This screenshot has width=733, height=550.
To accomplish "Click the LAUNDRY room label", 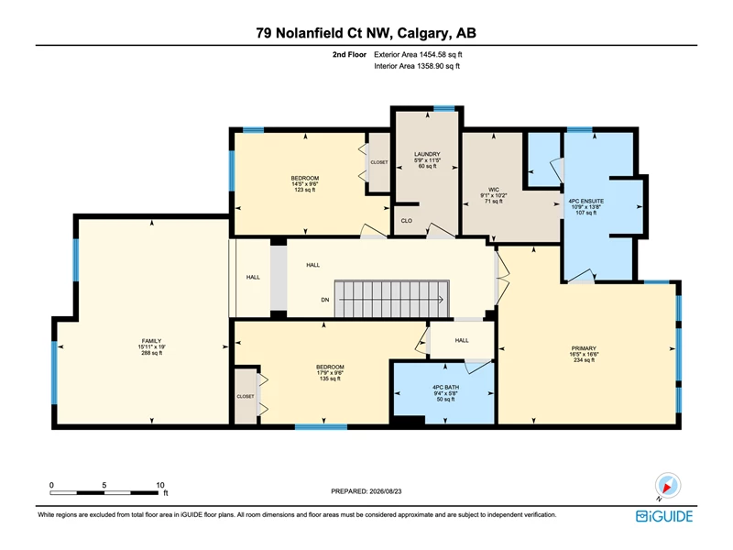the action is coord(427,154).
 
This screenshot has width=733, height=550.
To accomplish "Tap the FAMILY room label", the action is coord(151,341).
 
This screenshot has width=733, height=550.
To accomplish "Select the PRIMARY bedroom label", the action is coord(584,348).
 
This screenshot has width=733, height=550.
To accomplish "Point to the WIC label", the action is coord(494,190).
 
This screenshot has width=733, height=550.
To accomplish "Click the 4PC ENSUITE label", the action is coord(585,201).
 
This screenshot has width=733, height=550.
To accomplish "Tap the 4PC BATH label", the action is coord(445,387).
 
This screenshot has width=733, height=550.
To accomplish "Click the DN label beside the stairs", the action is coord(325,300).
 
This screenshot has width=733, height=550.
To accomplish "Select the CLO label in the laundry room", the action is coord(406,221).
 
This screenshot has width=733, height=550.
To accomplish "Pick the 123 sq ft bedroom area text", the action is coord(305,190).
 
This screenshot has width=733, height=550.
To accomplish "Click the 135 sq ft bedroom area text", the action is coord(330,379).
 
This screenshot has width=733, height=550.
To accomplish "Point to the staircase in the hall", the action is coord(392,299).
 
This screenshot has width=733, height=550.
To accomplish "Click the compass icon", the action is coord(668,486).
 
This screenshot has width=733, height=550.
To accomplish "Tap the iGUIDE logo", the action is coord(664,516).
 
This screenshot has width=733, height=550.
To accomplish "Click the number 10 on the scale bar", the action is coord(159,485).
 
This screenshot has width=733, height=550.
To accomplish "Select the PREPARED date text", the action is coord(366,491).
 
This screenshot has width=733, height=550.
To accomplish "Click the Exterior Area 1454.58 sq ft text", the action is coord(418,55).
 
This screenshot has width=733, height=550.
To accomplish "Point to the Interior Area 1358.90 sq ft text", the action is coord(417,66).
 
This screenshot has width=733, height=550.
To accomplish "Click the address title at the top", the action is coord(366,33).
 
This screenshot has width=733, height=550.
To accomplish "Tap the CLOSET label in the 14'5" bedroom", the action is coord(379,162).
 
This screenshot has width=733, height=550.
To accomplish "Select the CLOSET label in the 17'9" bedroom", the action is coord(246,396).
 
